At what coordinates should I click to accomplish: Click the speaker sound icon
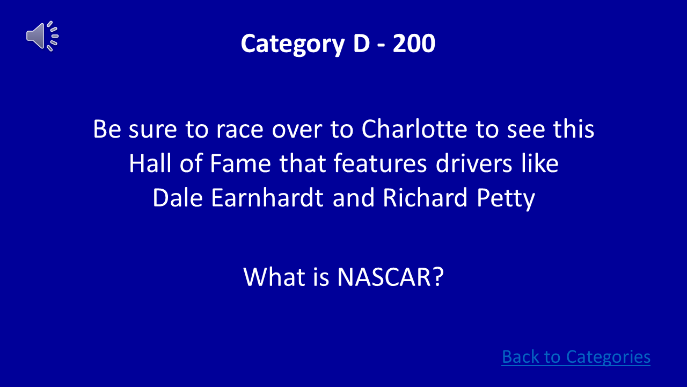point(42,36)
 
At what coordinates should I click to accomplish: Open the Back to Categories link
point(575,357)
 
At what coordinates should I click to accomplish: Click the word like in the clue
point(540,164)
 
